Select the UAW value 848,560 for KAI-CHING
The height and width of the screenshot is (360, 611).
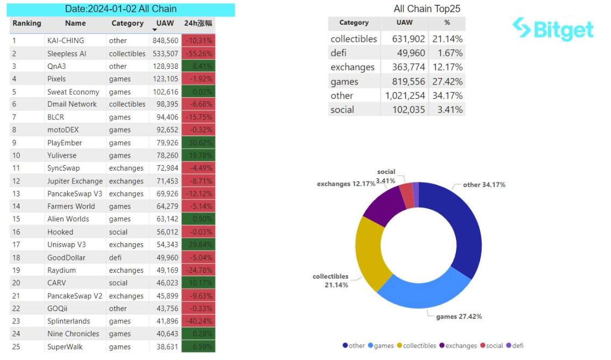click(165, 40)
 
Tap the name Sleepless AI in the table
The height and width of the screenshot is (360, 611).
click(67, 53)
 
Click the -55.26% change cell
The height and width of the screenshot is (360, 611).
click(198, 53)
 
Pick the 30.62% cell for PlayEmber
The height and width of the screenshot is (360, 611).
click(198, 143)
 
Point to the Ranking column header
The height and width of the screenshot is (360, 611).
click(26, 23)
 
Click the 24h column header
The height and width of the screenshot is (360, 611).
click(198, 23)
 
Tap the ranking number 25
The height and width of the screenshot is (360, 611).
click(16, 347)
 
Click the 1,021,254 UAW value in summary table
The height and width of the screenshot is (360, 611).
click(405, 95)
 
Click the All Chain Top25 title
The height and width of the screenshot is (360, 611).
click(427, 9)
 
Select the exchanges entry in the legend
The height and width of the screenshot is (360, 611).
click(458, 345)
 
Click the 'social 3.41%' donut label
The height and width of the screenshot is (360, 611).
click(386, 175)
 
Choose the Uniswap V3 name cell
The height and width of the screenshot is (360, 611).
click(67, 244)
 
